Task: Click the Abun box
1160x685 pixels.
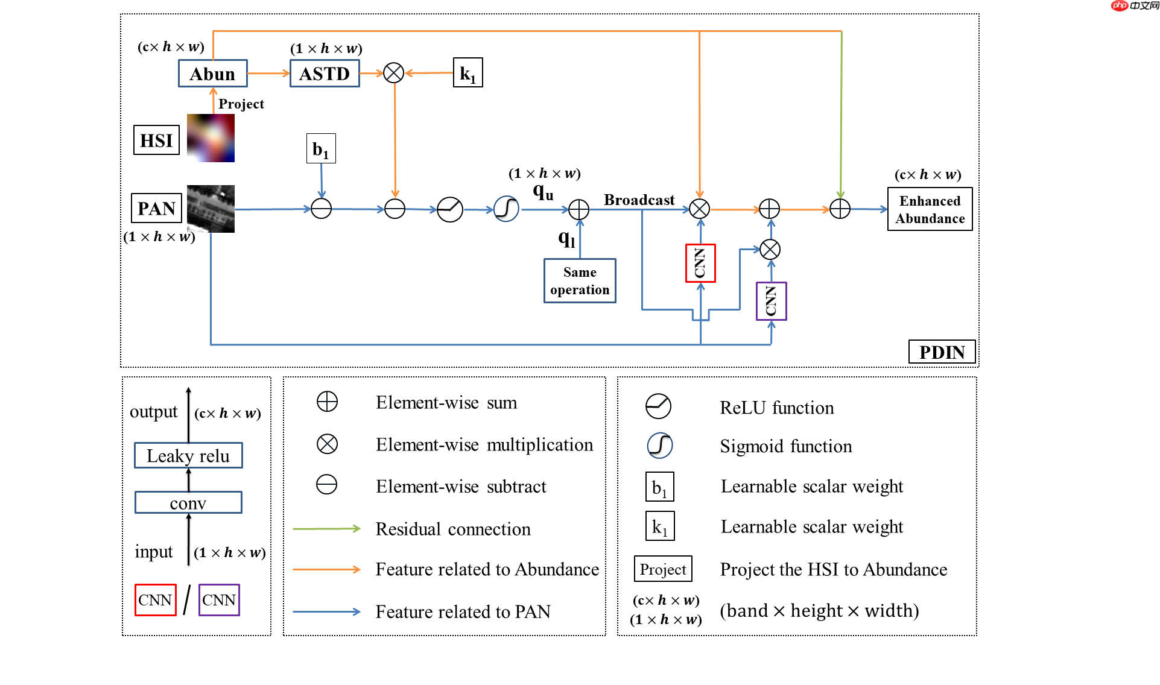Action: [212, 74]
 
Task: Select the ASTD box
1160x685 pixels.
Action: [325, 74]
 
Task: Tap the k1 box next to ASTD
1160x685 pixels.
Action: [467, 73]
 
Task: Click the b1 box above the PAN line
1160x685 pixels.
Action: [321, 148]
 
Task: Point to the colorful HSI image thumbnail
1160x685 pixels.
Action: [211, 138]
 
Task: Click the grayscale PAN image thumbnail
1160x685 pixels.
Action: [211, 209]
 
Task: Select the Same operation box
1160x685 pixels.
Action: [580, 281]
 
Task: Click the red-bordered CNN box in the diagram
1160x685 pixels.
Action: [700, 263]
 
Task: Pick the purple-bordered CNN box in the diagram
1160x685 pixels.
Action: [771, 301]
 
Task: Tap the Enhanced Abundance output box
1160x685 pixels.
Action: [930, 209]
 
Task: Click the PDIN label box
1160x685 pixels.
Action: [942, 352]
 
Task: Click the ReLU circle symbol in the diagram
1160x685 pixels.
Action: [450, 209]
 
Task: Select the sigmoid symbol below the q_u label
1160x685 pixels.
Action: [506, 209]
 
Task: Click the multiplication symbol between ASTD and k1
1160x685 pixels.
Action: [394, 73]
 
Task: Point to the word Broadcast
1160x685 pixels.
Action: [639, 200]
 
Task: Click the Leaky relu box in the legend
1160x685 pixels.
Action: [188, 455]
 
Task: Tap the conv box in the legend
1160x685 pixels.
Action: [188, 502]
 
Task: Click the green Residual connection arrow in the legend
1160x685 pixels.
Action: [326, 529]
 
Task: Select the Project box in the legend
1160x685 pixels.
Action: [663, 569]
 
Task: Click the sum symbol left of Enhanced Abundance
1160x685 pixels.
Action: [840, 209]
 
